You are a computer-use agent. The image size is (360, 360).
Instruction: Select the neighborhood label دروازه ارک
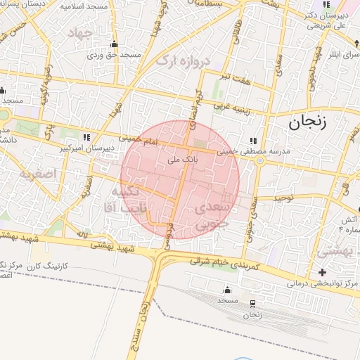point(183,62)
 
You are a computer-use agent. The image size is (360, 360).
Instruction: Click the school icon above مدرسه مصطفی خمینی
point(253,140)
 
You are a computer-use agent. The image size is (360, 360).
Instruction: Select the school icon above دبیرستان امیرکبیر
point(86,137)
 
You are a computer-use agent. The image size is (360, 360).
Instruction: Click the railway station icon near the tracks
point(252,303)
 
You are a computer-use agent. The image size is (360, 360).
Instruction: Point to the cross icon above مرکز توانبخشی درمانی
point(322,272)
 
